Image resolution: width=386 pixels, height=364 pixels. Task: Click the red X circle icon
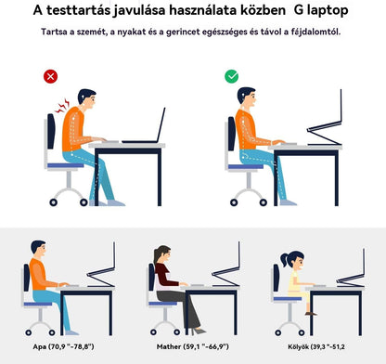pos(50,76)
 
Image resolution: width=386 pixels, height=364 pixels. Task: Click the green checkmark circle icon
pos(231,76)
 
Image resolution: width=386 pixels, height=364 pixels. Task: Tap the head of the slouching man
pos(85,99)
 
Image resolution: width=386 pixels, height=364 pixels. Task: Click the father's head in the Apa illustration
pos(40,248)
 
